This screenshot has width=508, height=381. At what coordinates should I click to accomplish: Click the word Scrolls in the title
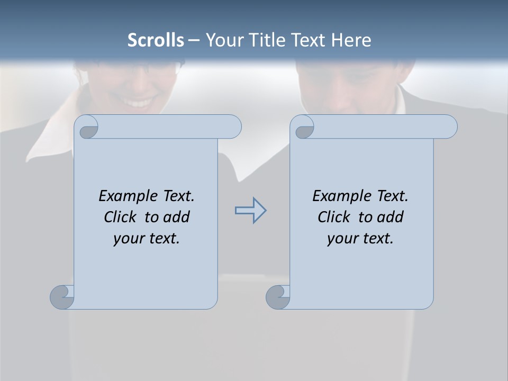[156, 40]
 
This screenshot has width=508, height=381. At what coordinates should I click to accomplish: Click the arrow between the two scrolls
[250, 211]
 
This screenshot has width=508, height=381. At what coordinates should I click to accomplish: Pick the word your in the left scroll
[128, 239]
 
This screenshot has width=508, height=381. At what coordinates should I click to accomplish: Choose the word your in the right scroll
[341, 239]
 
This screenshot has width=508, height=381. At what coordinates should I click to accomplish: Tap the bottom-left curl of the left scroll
[62, 296]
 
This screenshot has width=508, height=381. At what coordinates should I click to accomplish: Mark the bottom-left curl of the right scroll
[278, 296]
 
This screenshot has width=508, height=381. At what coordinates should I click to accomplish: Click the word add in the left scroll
[177, 217]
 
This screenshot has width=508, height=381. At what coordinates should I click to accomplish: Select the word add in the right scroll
[391, 217]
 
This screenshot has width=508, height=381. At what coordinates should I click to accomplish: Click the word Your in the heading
[223, 40]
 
